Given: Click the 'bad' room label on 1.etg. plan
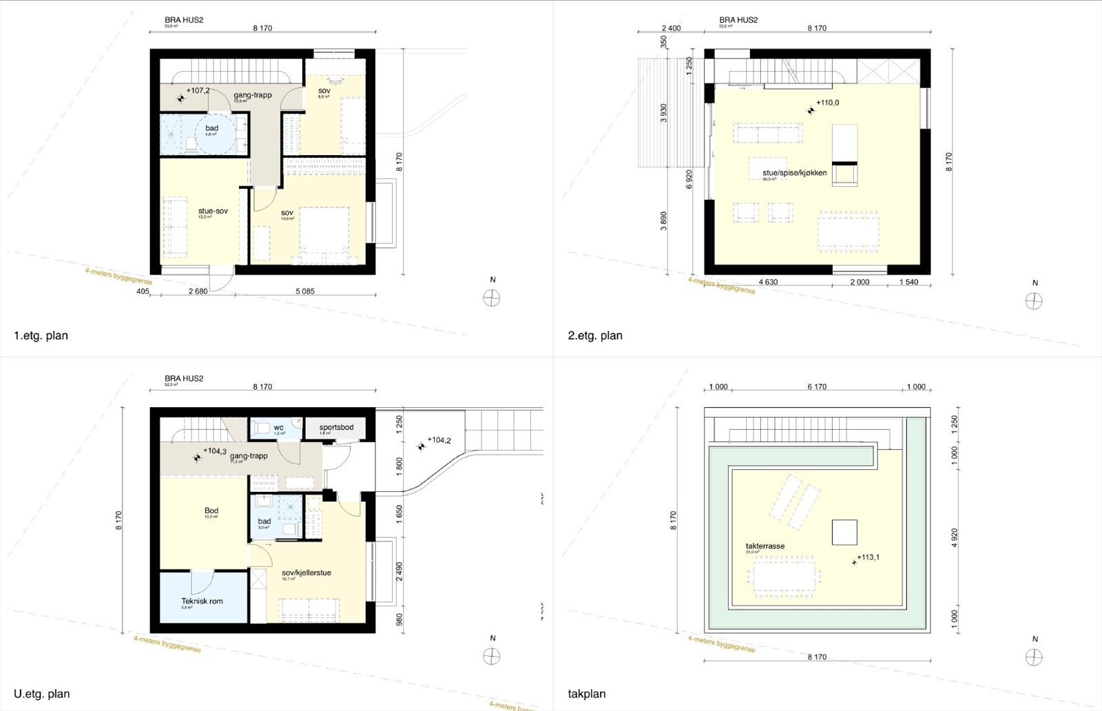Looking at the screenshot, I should (211, 128).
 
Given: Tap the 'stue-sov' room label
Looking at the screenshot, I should (213, 211).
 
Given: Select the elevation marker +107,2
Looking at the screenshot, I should (198, 90).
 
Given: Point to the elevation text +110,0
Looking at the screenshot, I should (828, 103).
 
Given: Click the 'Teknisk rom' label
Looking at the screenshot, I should (202, 601).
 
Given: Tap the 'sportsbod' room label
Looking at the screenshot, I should (336, 427).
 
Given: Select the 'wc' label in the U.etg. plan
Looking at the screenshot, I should (278, 427).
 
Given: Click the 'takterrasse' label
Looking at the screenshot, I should (765, 546).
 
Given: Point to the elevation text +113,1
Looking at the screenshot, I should (869, 558).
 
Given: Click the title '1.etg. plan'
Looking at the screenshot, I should (41, 336).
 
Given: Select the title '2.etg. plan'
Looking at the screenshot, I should (596, 336).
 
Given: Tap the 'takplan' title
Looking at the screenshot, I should (587, 694).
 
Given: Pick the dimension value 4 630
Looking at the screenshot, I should (768, 282).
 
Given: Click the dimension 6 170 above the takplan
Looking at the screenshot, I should (816, 387).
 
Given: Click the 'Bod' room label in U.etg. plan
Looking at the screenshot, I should (211, 511).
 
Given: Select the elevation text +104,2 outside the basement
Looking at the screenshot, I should (439, 440).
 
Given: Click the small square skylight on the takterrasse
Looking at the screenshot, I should (844, 532).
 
